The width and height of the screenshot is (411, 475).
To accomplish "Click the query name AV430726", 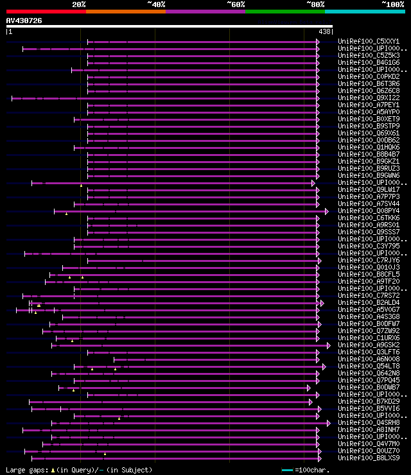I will click(x=24, y=21).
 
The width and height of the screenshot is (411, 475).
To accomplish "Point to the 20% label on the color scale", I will click(x=79, y=4).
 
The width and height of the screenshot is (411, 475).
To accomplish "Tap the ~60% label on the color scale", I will click(x=236, y=4).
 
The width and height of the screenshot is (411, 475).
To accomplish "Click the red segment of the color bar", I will click(x=46, y=11).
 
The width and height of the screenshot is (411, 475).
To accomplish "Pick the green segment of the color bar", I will click(x=284, y=11).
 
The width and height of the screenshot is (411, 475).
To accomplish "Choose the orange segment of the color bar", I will click(x=125, y=11).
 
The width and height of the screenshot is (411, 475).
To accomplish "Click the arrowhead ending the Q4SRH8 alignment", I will click(x=329, y=423).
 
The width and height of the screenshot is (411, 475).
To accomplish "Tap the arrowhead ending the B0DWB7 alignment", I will click(x=308, y=388).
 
